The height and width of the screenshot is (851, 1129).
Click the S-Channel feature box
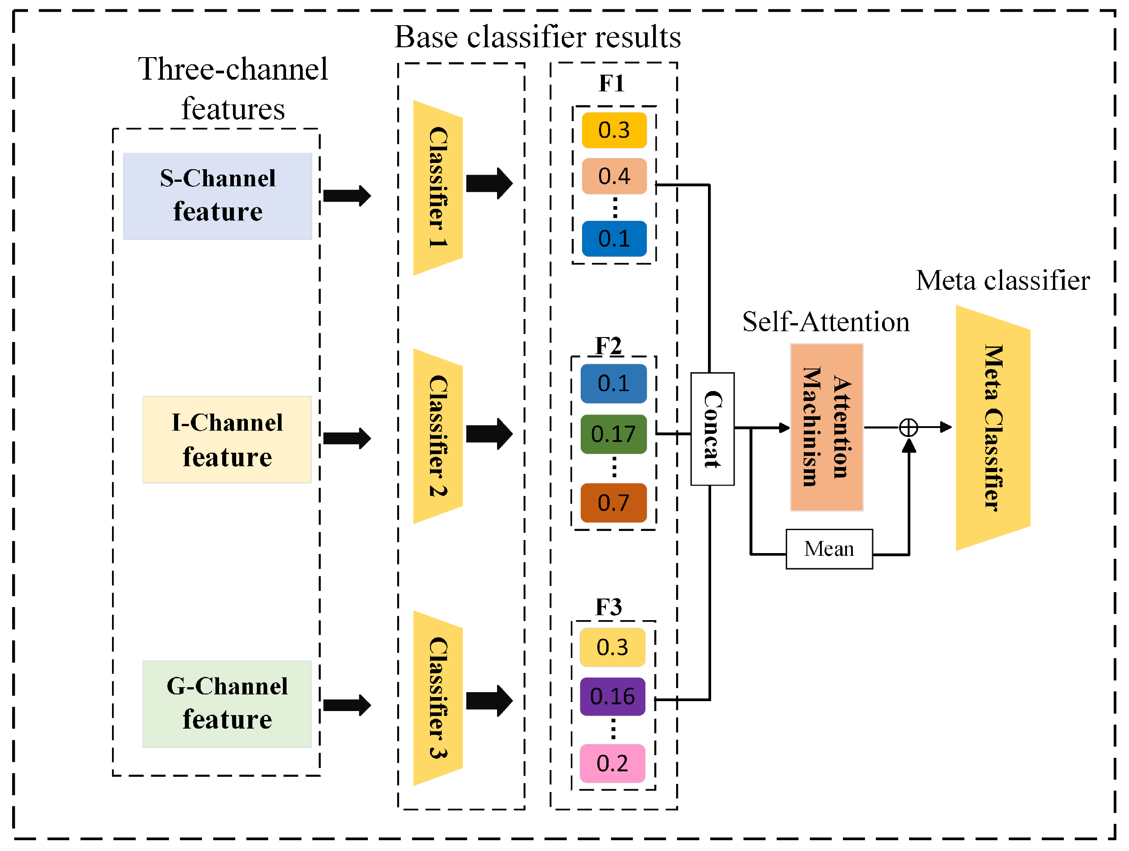217,196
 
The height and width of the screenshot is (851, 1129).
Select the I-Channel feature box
227,440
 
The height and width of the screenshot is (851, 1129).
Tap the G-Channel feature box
227,704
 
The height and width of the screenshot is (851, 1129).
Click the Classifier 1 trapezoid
437,188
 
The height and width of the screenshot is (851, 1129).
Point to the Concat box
712,429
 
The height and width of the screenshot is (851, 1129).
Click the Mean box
829,549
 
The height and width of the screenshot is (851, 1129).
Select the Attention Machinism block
826,427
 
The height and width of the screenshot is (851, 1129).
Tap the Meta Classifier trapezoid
993,428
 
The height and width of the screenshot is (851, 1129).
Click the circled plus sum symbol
909,428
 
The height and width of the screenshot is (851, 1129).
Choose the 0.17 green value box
614,434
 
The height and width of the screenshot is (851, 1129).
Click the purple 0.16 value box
613,697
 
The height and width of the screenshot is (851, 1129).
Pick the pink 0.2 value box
613,763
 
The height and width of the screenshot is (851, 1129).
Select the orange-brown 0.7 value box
614,503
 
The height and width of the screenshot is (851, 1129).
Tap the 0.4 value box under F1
614,176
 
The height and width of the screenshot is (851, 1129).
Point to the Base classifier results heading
538,37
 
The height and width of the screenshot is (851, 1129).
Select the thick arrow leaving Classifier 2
488,434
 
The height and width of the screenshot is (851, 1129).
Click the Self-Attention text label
825,322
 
